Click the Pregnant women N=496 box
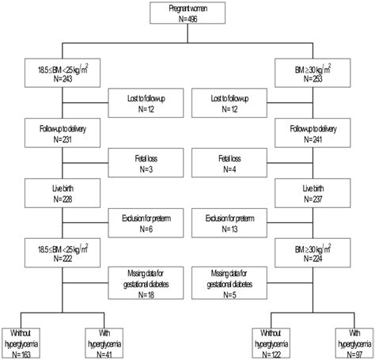[x=187, y=16]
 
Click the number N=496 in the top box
[x=187, y=21]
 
